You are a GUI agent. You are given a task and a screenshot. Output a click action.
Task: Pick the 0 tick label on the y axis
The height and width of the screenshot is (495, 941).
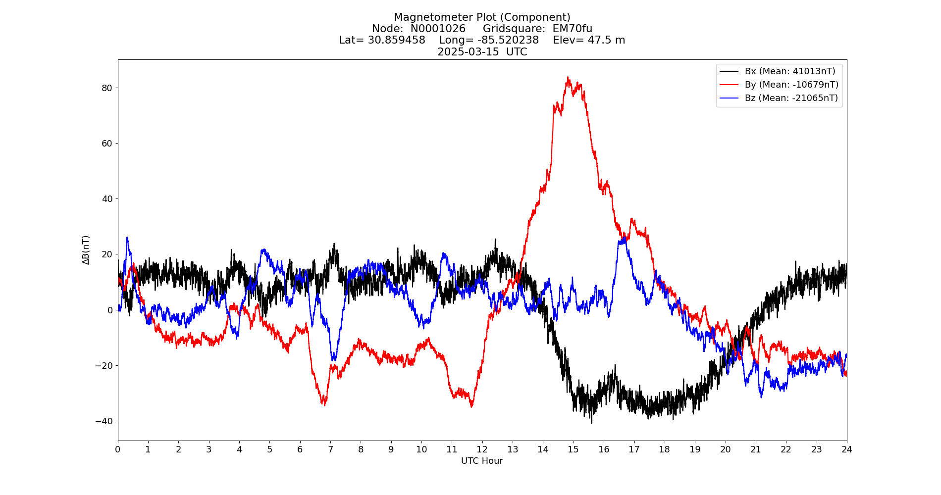pyautogui.click(x=110, y=310)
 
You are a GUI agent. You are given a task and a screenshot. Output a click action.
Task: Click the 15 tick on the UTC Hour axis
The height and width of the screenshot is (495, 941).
pyautogui.click(x=573, y=449)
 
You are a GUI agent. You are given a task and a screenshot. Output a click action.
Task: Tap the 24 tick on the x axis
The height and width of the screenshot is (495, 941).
pyautogui.click(x=846, y=449)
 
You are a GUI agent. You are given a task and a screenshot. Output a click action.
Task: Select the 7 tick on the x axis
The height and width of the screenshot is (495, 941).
pyautogui.click(x=330, y=449)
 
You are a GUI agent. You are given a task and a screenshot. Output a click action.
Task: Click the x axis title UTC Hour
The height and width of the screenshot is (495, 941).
pyautogui.click(x=482, y=461)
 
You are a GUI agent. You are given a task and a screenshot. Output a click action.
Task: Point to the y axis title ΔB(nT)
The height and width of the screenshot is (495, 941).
pyautogui.click(x=86, y=250)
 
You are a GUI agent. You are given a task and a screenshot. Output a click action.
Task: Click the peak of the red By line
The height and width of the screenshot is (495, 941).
pyautogui.click(x=568, y=78)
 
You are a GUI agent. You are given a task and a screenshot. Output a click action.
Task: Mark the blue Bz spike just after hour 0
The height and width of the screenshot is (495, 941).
pyautogui.click(x=127, y=238)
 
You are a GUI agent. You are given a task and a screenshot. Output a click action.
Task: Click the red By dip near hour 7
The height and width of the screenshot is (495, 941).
pyautogui.click(x=324, y=404)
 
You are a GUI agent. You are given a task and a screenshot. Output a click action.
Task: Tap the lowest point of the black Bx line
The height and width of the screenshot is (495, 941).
pyautogui.click(x=591, y=422)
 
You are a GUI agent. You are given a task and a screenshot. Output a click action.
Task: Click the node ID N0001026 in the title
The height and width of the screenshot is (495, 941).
pyautogui.click(x=438, y=29)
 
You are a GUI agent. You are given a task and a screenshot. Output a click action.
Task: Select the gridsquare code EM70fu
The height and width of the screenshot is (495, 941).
pyautogui.click(x=572, y=29)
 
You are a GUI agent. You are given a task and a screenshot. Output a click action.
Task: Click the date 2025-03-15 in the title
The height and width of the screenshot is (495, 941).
pyautogui.click(x=468, y=52)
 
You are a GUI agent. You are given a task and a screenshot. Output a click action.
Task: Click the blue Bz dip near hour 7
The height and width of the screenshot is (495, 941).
pyautogui.click(x=333, y=359)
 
